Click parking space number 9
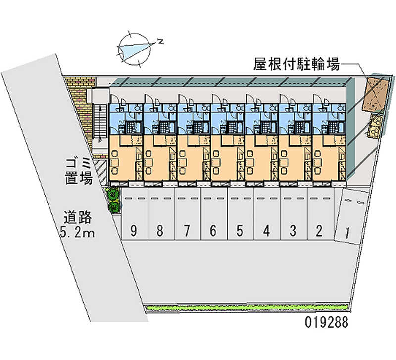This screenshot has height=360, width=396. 135,214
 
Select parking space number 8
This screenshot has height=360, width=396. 161,214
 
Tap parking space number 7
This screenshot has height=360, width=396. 188,214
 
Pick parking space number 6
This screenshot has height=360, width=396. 214,214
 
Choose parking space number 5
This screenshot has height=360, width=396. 241,214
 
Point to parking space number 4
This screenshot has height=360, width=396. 267,214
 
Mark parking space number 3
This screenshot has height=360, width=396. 294,214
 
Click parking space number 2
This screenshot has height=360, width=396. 320,214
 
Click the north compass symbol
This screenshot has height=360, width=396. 135,49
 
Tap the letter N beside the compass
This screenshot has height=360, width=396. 160,41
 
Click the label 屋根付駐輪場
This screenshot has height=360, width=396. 297,64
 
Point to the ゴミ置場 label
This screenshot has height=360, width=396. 79,171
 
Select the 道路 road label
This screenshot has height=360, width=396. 77,217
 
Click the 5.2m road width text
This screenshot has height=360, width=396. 77,232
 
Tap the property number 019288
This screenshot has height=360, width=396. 327,322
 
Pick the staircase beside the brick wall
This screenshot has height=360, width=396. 100,123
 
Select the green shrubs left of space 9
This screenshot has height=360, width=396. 114,200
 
